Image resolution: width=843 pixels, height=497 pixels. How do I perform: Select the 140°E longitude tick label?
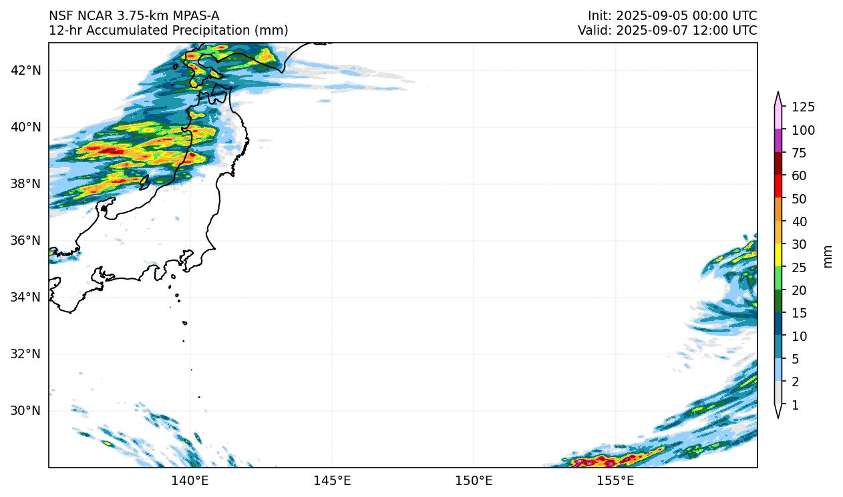pyautogui.click(x=190, y=480)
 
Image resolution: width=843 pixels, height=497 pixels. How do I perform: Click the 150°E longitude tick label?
pyautogui.click(x=474, y=480)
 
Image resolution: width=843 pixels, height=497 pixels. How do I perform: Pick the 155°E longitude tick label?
pyautogui.click(x=615, y=480)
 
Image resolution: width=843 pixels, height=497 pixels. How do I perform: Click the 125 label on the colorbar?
pyautogui.click(x=804, y=107)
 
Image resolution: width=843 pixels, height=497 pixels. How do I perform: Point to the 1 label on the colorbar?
pyautogui.click(x=795, y=405)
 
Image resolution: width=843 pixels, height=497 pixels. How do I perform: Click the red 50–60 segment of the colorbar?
pyautogui.click(x=779, y=185)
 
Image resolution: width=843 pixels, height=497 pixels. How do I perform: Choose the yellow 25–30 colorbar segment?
pyautogui.click(x=779, y=256)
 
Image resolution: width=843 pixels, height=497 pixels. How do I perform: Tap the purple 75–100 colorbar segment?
pyautogui.click(x=779, y=141)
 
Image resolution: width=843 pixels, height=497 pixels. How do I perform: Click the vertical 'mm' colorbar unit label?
pyautogui.click(x=828, y=256)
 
